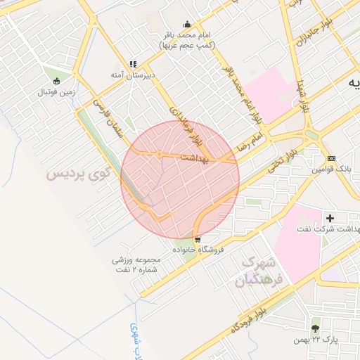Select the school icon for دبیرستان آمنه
[x=133, y=64]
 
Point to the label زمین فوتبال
[x=56, y=91]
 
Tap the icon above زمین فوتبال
[x=56, y=80]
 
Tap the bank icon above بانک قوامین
[x=330, y=158]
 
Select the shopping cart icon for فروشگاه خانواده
[x=198, y=239]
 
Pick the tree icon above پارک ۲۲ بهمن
[x=315, y=328]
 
